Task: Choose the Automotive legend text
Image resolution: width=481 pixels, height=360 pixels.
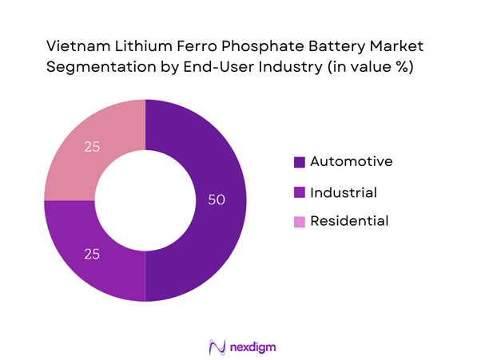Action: tap(352, 161)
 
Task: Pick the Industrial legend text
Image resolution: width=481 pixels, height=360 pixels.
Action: tap(344, 192)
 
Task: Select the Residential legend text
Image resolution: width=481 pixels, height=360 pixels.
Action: tap(349, 220)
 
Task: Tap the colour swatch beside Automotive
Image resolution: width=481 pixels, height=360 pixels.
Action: tap(300, 162)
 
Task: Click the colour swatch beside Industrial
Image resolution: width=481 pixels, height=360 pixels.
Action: tap(300, 192)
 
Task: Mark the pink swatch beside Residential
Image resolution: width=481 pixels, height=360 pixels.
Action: tap(300, 221)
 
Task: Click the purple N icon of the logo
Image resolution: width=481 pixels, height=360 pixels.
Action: tap(214, 346)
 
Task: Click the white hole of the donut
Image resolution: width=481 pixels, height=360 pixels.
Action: tap(145, 200)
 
